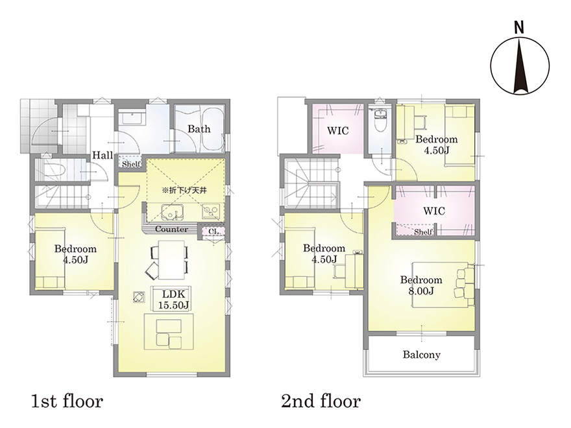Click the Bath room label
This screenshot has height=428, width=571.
pos(199,129)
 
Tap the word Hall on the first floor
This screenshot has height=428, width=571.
pos(103,156)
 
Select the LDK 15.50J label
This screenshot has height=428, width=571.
pos(173,300)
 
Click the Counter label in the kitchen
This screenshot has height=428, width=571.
pos(171,230)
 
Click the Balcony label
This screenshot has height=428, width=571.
pos(421,355)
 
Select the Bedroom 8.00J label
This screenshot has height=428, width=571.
pos(421,285)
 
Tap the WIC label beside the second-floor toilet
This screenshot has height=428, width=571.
pos(338,130)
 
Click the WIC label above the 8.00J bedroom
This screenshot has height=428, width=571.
pos(434,211)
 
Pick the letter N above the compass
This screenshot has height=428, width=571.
pos(519,28)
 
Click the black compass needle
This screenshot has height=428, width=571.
pos(520,65)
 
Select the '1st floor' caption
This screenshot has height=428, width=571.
pos(67,401)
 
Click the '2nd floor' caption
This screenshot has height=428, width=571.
pos(321,401)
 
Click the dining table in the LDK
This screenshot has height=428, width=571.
pos(170,259)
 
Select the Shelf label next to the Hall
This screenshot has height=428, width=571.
pos(130,164)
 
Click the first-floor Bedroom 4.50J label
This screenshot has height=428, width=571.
pos(75,254)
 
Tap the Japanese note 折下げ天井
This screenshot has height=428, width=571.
pos(185,190)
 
